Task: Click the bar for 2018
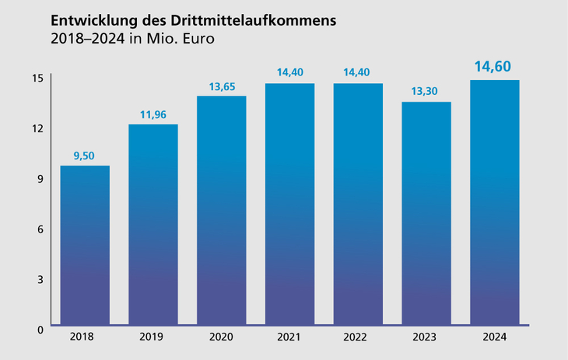coord(85,245)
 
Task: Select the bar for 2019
coord(153,225)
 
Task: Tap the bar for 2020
coord(222,210)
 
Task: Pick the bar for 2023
coord(426,213)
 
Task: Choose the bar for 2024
coord(495,202)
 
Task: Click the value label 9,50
coord(85,156)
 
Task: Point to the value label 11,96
coord(153,114)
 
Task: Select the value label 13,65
coord(222,86)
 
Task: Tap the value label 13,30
coord(426,92)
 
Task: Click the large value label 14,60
coord(495,66)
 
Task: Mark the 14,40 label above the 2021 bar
coord(290,73)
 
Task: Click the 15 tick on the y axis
coord(37,79)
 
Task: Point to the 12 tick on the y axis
coord(37,128)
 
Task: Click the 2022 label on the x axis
coord(358,337)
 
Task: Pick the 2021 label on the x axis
coord(290,337)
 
